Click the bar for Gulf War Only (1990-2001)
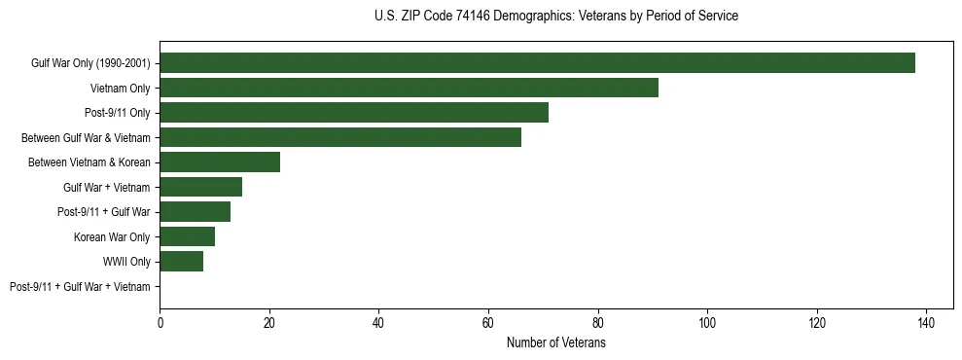(x=537, y=63)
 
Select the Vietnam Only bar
(x=409, y=88)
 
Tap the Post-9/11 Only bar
(x=354, y=113)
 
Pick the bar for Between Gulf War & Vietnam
(x=340, y=137)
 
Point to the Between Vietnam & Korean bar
(x=220, y=162)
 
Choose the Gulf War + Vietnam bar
(x=200, y=187)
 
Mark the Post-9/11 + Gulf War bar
(x=195, y=212)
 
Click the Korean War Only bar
(x=187, y=236)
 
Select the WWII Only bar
(x=181, y=262)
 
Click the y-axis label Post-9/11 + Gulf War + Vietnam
(x=80, y=287)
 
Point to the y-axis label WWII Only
(x=126, y=262)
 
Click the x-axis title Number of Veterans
(x=555, y=342)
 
